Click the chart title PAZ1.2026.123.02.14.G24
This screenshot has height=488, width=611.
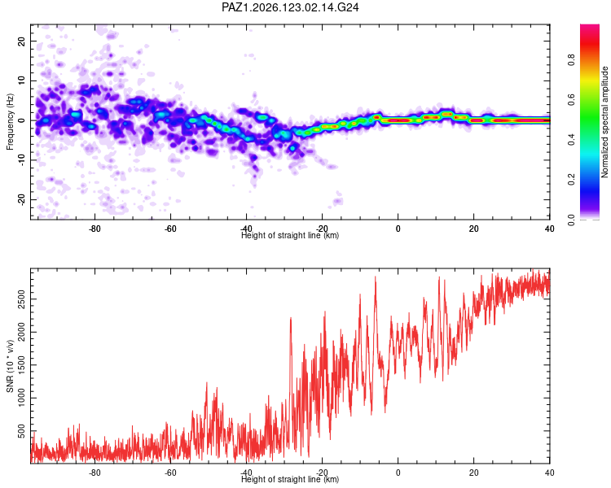coord(290,7)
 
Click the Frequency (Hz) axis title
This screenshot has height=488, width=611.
coord(10,122)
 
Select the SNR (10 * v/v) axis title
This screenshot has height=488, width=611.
coord(10,366)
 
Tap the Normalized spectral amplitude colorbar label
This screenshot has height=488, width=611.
coord(604,122)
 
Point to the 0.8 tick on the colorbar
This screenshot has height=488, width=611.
coord(571,60)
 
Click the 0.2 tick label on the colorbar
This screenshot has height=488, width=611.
coord(571,180)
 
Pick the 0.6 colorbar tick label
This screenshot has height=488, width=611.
coord(571,100)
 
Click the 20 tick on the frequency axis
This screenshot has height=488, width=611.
coord(21,41)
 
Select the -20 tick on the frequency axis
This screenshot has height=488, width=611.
coord(21,199)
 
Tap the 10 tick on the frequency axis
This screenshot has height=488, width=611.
coord(21,81)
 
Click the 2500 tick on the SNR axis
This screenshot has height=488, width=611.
coord(21,299)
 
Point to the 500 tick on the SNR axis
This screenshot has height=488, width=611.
coord(21,431)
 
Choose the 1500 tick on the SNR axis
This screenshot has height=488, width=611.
coord(21,365)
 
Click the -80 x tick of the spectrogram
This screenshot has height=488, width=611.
coord(95,229)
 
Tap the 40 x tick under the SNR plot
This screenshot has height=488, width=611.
coord(549,473)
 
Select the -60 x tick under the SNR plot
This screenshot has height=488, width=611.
coord(170,473)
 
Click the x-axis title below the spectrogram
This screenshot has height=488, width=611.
coord(290,235)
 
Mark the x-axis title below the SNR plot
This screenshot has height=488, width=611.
coord(290,479)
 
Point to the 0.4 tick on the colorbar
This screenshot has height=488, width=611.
coord(571,140)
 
